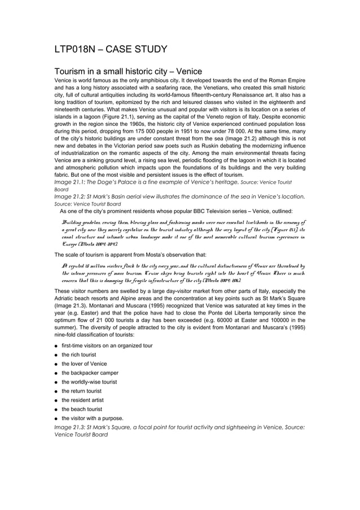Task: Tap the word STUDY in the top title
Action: pos(148,50)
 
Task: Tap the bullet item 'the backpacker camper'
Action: pos(90,373)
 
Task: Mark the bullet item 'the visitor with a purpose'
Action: pos(93,418)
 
